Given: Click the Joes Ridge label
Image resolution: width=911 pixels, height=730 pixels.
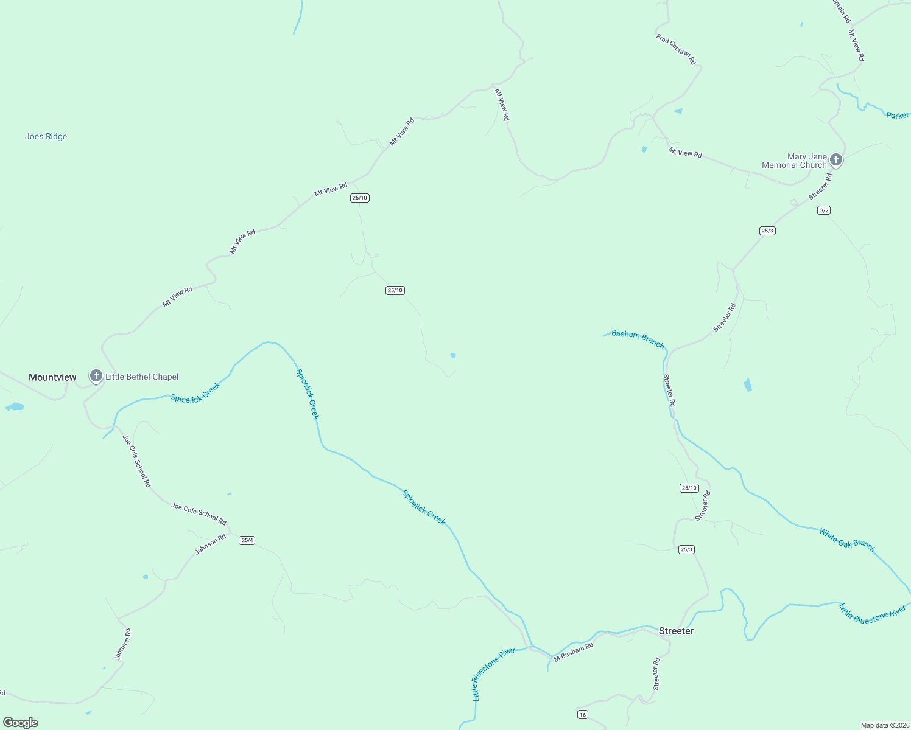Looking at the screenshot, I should coord(46,136).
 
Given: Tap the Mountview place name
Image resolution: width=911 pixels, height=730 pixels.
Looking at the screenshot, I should coord(52,377).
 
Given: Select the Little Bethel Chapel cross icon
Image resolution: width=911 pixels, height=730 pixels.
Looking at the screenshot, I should coord(96,376).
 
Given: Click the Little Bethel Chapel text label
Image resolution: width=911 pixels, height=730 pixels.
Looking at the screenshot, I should coord(142,377).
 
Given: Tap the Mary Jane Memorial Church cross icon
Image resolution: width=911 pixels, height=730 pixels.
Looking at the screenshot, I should coord(836,160).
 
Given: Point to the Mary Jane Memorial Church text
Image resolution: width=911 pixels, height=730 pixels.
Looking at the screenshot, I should coord(795,161).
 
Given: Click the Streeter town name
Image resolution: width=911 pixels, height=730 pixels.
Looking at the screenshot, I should coord(676,631).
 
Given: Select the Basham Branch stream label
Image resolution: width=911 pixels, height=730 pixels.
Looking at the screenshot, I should coord(638,339).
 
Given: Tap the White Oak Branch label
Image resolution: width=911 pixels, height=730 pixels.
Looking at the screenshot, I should coord(847,540).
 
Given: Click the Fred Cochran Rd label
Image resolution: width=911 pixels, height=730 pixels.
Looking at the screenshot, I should coord(675,49).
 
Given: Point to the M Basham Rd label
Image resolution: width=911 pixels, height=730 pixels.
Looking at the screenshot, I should coord(573,652).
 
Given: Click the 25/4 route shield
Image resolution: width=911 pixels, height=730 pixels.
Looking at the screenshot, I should coord(247,540).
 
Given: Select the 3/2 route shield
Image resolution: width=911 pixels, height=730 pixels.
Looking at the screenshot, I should coord(824,210).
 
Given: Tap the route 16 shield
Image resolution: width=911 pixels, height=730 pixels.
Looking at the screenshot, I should coord(583,714).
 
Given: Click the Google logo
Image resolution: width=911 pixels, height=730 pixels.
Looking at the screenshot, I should coord(20,723).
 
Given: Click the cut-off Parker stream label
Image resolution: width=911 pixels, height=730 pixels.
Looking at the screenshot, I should coord(898,115).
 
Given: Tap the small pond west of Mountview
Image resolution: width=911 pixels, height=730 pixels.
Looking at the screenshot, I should coord(15,406).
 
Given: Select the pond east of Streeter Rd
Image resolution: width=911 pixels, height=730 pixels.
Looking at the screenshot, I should coord(748,384).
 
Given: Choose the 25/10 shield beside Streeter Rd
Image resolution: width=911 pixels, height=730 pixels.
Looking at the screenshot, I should coord(689,488).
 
